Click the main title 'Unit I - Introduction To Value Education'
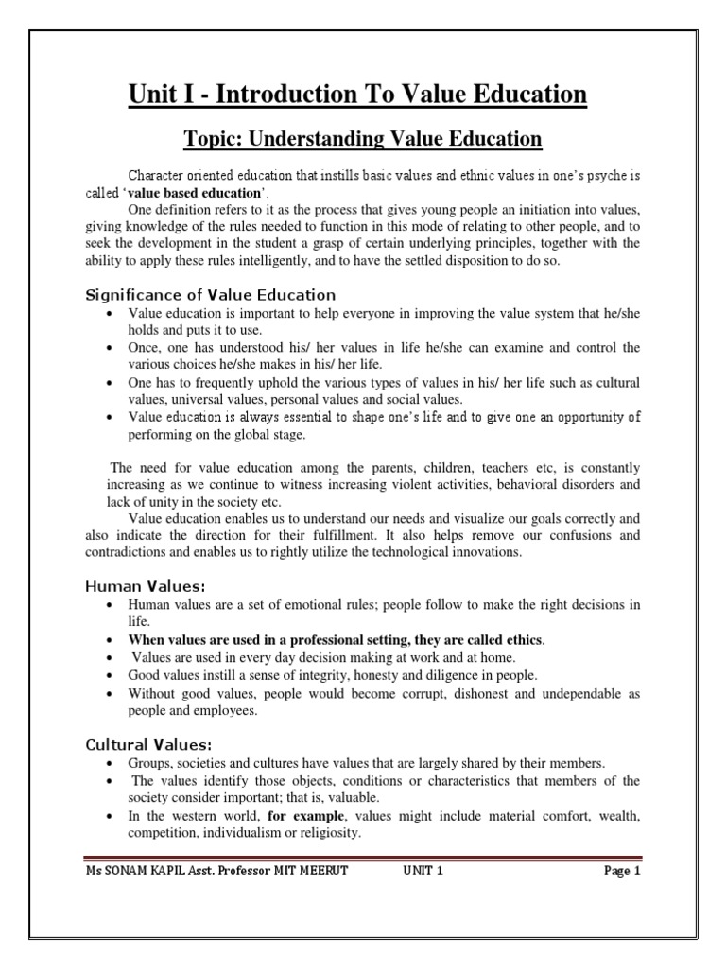click(x=363, y=95)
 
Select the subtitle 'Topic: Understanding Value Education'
click(x=363, y=139)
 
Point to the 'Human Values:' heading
click(x=140, y=585)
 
